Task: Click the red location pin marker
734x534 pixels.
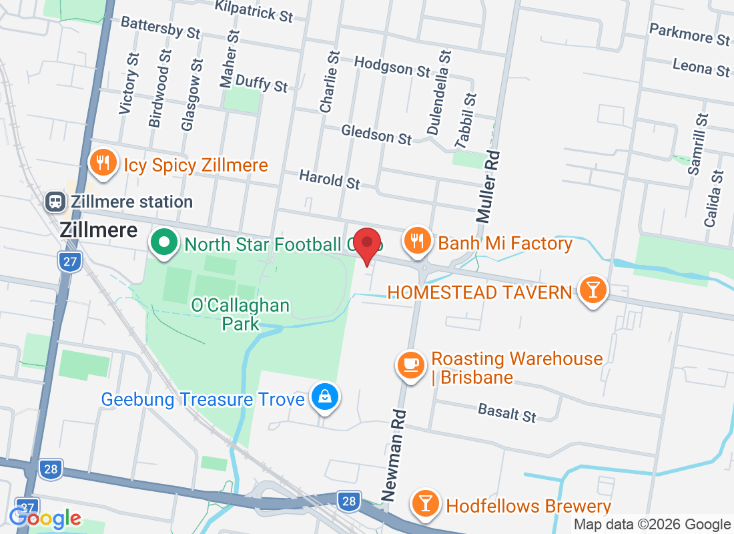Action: point(366,245)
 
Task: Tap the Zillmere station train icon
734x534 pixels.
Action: point(55,201)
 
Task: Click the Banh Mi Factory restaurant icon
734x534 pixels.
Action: point(418,242)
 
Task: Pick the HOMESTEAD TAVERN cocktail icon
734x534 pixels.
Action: point(592,291)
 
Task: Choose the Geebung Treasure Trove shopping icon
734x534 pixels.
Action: point(324,398)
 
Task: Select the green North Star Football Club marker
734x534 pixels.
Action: point(164,244)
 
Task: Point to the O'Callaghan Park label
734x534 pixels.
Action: point(240,314)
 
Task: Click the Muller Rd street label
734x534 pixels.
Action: point(488,186)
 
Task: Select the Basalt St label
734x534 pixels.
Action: point(507,413)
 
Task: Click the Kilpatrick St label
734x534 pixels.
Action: point(254,11)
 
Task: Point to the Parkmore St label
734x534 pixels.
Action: point(689,34)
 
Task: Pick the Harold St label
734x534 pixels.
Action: point(330,179)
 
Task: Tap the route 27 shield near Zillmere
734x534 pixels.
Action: point(70,261)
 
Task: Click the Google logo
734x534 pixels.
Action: point(45,518)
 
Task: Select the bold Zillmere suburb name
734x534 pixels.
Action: point(99,231)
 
